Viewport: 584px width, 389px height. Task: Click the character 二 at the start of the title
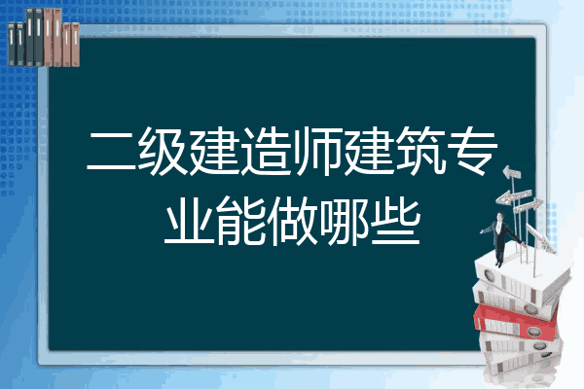pos(111,152)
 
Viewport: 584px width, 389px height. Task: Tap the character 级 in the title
pos(163,152)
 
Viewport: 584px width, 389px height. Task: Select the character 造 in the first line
pos(266,152)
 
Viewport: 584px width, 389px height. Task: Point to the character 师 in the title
pos(317,152)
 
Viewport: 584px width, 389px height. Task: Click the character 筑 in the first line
pos(420,151)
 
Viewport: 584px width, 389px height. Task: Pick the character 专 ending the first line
pos(472,151)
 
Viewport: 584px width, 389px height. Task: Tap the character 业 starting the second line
pos(189,221)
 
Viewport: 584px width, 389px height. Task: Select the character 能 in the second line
pos(240,221)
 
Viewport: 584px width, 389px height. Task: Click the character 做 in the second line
pos(292,221)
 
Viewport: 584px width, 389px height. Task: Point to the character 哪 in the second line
pos(343,221)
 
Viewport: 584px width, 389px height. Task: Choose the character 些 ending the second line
pos(395,221)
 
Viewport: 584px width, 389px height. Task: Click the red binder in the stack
pos(516,321)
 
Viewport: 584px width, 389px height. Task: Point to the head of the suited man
pos(499,216)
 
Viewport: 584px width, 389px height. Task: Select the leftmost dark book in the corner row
pos(12,44)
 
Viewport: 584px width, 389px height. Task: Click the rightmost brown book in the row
pos(75,45)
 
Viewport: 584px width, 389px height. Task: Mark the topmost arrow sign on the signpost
pos(512,172)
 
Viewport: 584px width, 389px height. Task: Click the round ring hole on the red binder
pos(533,332)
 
